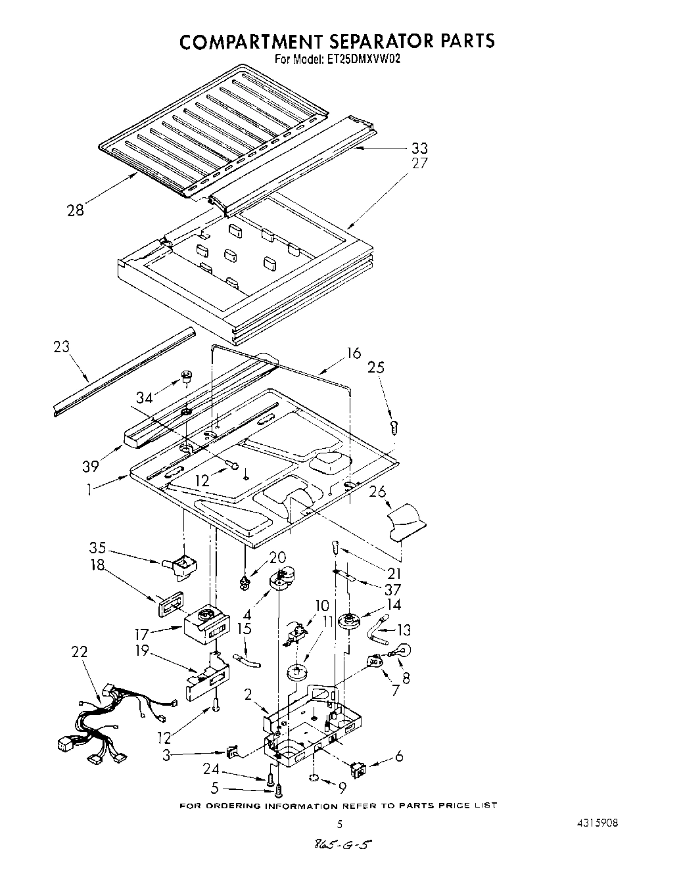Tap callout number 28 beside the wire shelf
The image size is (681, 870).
(76, 210)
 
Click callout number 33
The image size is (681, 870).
(419, 149)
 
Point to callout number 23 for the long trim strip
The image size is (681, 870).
(62, 347)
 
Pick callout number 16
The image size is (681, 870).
(354, 354)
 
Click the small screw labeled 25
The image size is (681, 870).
(394, 427)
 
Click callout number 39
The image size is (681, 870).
(90, 466)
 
